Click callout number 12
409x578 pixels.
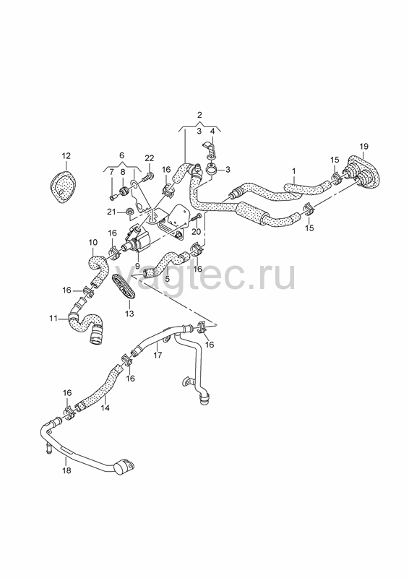click(66, 155)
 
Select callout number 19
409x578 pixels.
click(363, 146)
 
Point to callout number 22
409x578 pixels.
click(149, 158)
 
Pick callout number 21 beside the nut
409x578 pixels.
click(112, 212)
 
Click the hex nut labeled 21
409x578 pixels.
click(129, 212)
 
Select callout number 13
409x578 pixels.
click(129, 314)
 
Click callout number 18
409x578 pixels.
click(66, 470)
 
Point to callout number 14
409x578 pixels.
click(105, 407)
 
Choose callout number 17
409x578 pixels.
click(158, 355)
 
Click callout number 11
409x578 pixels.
click(53, 318)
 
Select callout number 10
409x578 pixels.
click(93, 242)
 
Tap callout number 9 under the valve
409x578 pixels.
click(137, 265)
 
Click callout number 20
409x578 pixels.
click(197, 231)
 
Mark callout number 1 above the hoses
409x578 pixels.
click(294, 171)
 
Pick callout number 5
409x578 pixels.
click(168, 279)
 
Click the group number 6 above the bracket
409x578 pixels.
click(121, 155)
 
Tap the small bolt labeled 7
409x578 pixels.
click(113, 197)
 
